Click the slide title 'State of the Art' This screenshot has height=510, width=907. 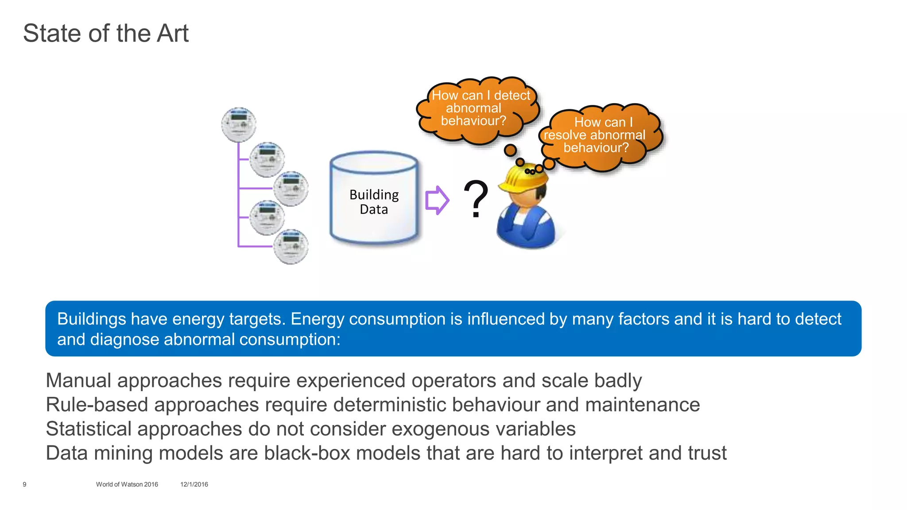click(x=105, y=33)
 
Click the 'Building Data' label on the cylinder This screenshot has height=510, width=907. click(x=374, y=202)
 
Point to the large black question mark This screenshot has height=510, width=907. click(x=476, y=199)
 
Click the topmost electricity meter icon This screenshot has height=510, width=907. click(x=239, y=124)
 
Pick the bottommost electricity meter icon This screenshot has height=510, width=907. click(x=291, y=247)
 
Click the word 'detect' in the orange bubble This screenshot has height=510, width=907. click(x=512, y=95)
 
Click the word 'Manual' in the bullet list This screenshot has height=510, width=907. click(x=78, y=381)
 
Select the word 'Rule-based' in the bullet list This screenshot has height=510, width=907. click(x=97, y=405)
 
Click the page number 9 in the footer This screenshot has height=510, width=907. click(x=24, y=484)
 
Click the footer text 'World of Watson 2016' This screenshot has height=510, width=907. click(x=127, y=484)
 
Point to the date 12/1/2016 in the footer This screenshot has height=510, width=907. click(x=194, y=484)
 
